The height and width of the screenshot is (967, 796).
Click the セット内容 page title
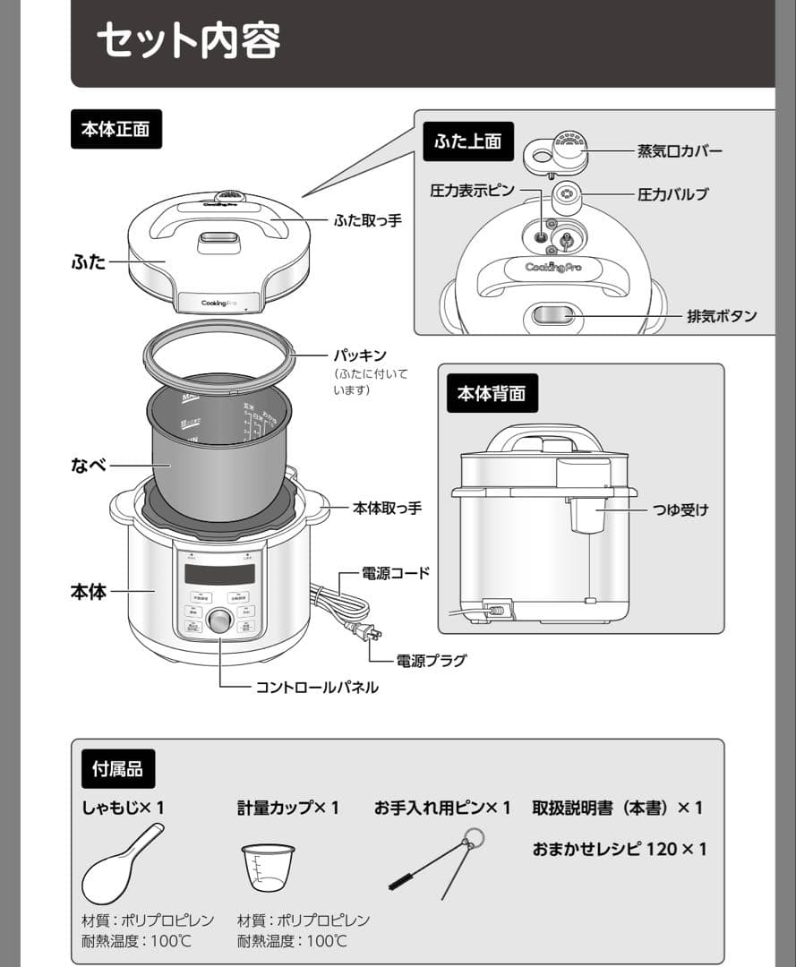coord(188,40)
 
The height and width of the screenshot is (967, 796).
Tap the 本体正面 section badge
coord(116,129)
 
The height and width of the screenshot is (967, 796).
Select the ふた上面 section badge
coord(467,141)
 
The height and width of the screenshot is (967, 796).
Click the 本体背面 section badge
coord(492,393)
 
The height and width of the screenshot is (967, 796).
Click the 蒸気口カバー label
coord(680,151)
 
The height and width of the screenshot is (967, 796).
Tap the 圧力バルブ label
coord(672,194)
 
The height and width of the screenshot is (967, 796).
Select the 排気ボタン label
coord(721,316)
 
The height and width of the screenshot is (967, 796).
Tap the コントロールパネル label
coord(317,688)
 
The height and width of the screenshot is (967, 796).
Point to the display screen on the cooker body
coord(219,574)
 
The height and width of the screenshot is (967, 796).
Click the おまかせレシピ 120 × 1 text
coord(620,848)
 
